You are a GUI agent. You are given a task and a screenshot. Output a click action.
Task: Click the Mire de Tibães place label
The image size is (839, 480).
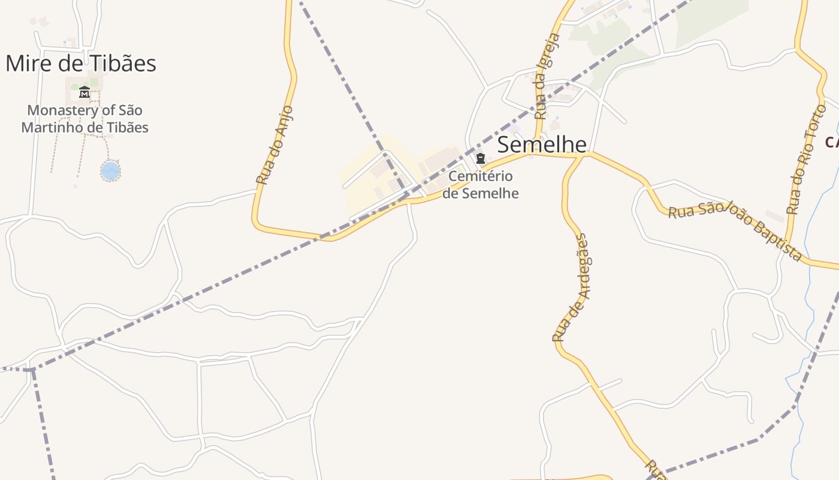pyautogui.click(x=81, y=64)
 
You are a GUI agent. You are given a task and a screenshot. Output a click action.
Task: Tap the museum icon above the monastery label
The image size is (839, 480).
pyautogui.click(x=84, y=92)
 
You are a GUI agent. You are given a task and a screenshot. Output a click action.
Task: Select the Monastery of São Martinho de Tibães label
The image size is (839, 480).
pyautogui.click(x=84, y=119)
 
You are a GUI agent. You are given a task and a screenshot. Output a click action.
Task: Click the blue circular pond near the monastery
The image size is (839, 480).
pyautogui.click(x=111, y=171)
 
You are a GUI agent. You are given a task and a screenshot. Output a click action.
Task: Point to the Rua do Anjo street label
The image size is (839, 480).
pyautogui.click(x=274, y=145)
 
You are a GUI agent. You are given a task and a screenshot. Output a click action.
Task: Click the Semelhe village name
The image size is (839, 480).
pyautogui.click(x=542, y=145)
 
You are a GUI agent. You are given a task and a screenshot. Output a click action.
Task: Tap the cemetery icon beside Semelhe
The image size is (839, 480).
pyautogui.click(x=480, y=159)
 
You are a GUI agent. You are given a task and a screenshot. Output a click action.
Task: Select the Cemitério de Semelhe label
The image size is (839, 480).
pyautogui.click(x=481, y=185)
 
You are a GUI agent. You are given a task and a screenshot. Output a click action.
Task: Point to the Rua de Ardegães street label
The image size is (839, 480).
pyautogui.click(x=572, y=288)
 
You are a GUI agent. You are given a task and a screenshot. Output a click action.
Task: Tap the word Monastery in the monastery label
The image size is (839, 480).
pyautogui.click(x=62, y=111)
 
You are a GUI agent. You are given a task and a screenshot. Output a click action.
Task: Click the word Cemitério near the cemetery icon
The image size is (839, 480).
pyautogui.click(x=481, y=177)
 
